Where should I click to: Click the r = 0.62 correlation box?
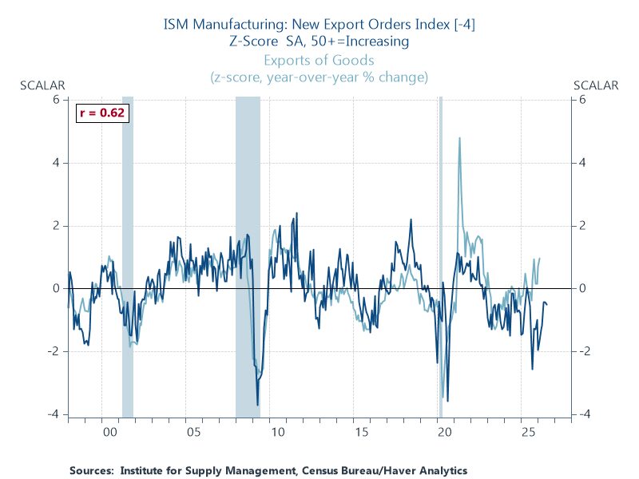coord(101,113)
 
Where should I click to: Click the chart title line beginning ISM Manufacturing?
coord(319,24)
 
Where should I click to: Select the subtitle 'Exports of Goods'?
coord(319,60)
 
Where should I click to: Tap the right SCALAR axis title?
coord(596,85)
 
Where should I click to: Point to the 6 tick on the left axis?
coord(56,100)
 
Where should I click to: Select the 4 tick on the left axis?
coord(56,163)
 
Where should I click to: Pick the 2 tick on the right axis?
coord(583,226)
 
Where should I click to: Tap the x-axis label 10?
coord(277,432)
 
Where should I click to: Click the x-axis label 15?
coord(361,432)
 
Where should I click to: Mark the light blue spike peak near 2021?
coord(459,138)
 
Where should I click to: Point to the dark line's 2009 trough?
coord(257,405)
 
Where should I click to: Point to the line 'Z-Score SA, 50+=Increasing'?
coord(319,41)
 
